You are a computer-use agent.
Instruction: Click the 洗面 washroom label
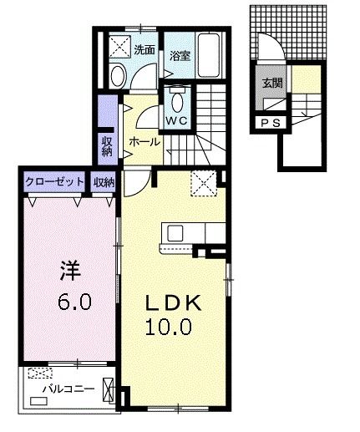click(x=144, y=50)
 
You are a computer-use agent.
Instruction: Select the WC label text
click(x=176, y=121)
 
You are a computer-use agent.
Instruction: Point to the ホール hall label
click(x=145, y=143)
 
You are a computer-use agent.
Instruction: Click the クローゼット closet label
click(x=55, y=181)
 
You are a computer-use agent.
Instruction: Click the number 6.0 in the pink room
click(x=74, y=302)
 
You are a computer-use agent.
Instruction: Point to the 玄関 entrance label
click(x=271, y=83)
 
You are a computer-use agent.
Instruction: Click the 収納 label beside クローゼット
click(x=104, y=181)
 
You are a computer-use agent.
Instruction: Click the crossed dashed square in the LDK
click(x=204, y=182)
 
